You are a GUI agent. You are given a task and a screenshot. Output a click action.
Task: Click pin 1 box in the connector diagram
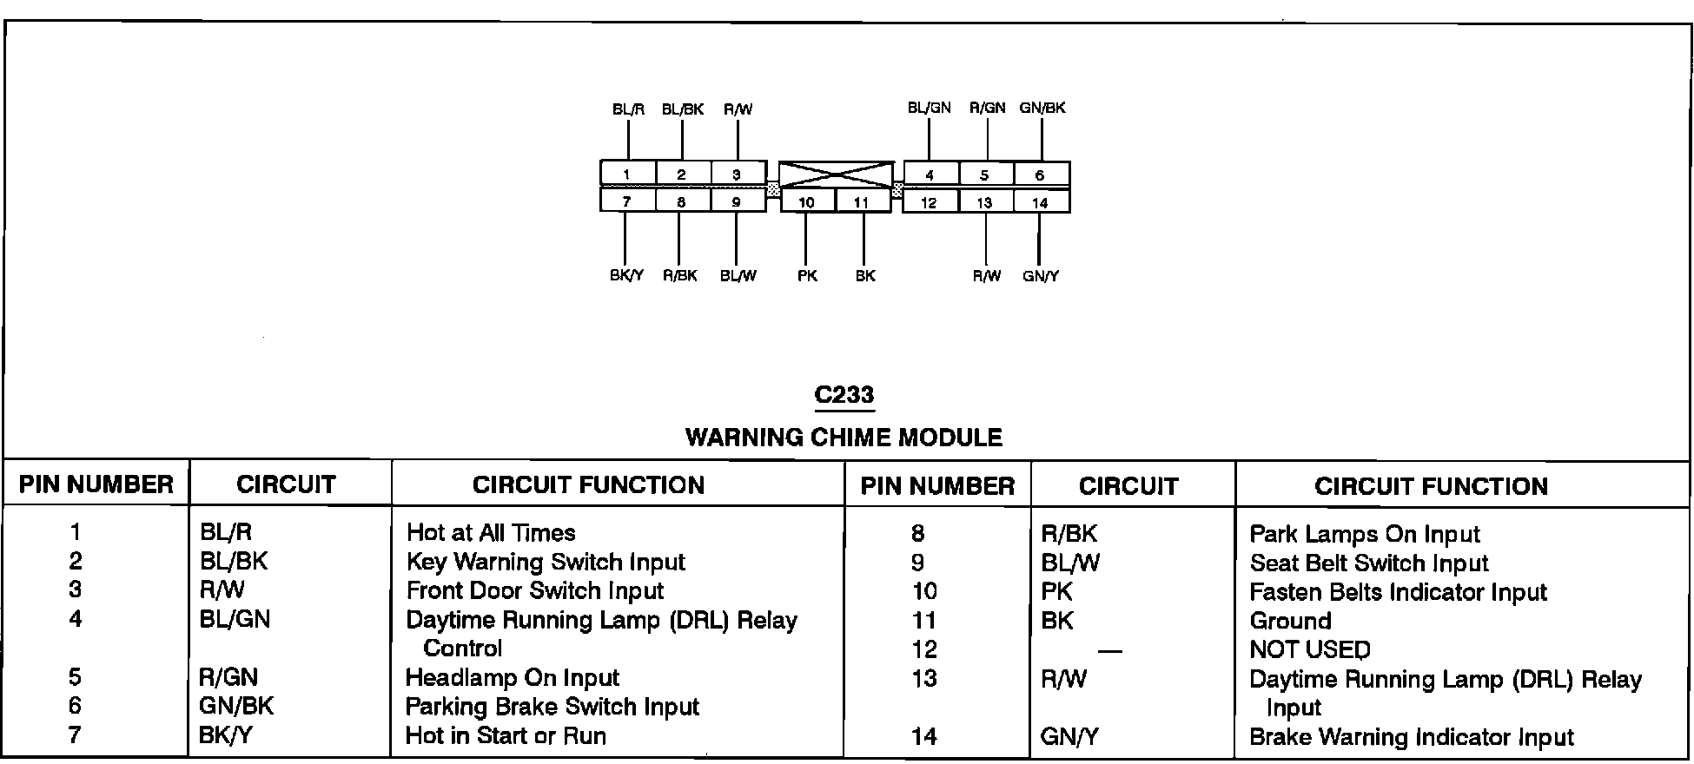point(626,174)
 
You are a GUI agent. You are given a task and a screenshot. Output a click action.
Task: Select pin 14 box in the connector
point(1040,202)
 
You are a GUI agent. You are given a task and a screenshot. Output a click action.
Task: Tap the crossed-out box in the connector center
point(836,175)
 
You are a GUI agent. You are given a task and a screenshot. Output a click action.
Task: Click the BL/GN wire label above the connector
point(929,108)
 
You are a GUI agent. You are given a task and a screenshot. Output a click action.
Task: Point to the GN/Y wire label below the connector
point(1041,276)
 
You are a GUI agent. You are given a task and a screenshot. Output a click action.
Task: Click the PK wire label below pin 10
point(807,276)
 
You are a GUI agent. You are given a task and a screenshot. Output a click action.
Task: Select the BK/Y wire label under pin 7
point(626,276)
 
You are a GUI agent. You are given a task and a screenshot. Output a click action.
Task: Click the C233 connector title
point(844,395)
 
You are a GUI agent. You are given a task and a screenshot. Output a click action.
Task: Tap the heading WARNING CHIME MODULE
point(844,437)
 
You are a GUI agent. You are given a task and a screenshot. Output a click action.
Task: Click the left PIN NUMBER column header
point(96,484)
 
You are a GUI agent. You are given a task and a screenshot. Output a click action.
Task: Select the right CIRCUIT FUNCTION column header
point(1431,486)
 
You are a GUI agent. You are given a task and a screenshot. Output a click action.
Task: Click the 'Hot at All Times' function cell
point(491,532)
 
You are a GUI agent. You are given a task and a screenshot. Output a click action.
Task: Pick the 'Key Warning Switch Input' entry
point(546,562)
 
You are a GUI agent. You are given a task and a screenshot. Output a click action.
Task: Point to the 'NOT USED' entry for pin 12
point(1309,649)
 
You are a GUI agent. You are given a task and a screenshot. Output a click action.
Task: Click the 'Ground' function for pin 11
point(1290,621)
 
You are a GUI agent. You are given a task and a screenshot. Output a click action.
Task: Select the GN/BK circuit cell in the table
point(236,706)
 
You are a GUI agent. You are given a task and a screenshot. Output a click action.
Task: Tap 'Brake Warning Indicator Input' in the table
point(1411,737)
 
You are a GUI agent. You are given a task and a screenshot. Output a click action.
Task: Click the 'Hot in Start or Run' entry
point(506,735)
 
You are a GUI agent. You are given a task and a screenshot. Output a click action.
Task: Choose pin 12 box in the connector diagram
point(929,202)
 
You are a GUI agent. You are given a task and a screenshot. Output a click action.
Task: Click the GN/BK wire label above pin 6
point(1042,108)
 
